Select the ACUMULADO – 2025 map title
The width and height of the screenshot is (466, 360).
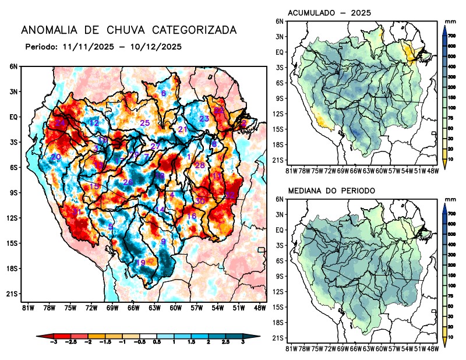(x=330, y=13)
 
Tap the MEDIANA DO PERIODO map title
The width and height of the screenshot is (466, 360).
(x=331, y=191)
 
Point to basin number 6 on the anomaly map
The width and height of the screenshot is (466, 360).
(x=164, y=94)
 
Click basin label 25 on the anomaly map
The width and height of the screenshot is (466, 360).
(x=145, y=123)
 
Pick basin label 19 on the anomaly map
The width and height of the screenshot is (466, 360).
(x=140, y=263)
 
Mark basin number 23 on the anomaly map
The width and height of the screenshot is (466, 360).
(x=204, y=119)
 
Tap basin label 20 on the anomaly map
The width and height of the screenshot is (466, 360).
(x=56, y=157)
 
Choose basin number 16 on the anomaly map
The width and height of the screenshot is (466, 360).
(x=191, y=217)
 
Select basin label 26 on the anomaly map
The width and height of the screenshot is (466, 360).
(x=128, y=183)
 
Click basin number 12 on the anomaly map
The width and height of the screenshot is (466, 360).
(x=93, y=123)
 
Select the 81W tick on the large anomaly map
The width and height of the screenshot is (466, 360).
(x=26, y=307)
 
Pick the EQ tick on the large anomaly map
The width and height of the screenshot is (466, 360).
(x=13, y=117)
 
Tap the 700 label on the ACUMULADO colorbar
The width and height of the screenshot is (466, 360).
(x=451, y=36)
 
